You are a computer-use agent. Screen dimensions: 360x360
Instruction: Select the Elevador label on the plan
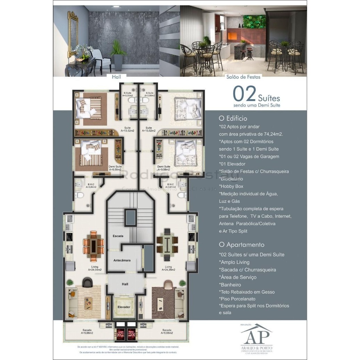[124, 307]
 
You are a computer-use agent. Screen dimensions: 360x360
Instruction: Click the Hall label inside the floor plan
[125, 284]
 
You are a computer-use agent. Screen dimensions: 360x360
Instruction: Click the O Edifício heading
[233, 118]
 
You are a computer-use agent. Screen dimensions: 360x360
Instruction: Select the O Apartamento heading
[242, 245]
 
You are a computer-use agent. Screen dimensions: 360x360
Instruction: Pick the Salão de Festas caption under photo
[243, 77]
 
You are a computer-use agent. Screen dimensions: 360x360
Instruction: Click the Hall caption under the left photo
[116, 77]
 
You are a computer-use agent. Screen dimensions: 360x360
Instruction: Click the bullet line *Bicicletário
[231, 179]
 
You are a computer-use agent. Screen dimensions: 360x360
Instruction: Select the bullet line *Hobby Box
[231, 186]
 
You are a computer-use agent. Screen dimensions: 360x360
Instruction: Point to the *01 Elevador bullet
[232, 164]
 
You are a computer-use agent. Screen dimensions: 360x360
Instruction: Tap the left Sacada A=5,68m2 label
[87, 331]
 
